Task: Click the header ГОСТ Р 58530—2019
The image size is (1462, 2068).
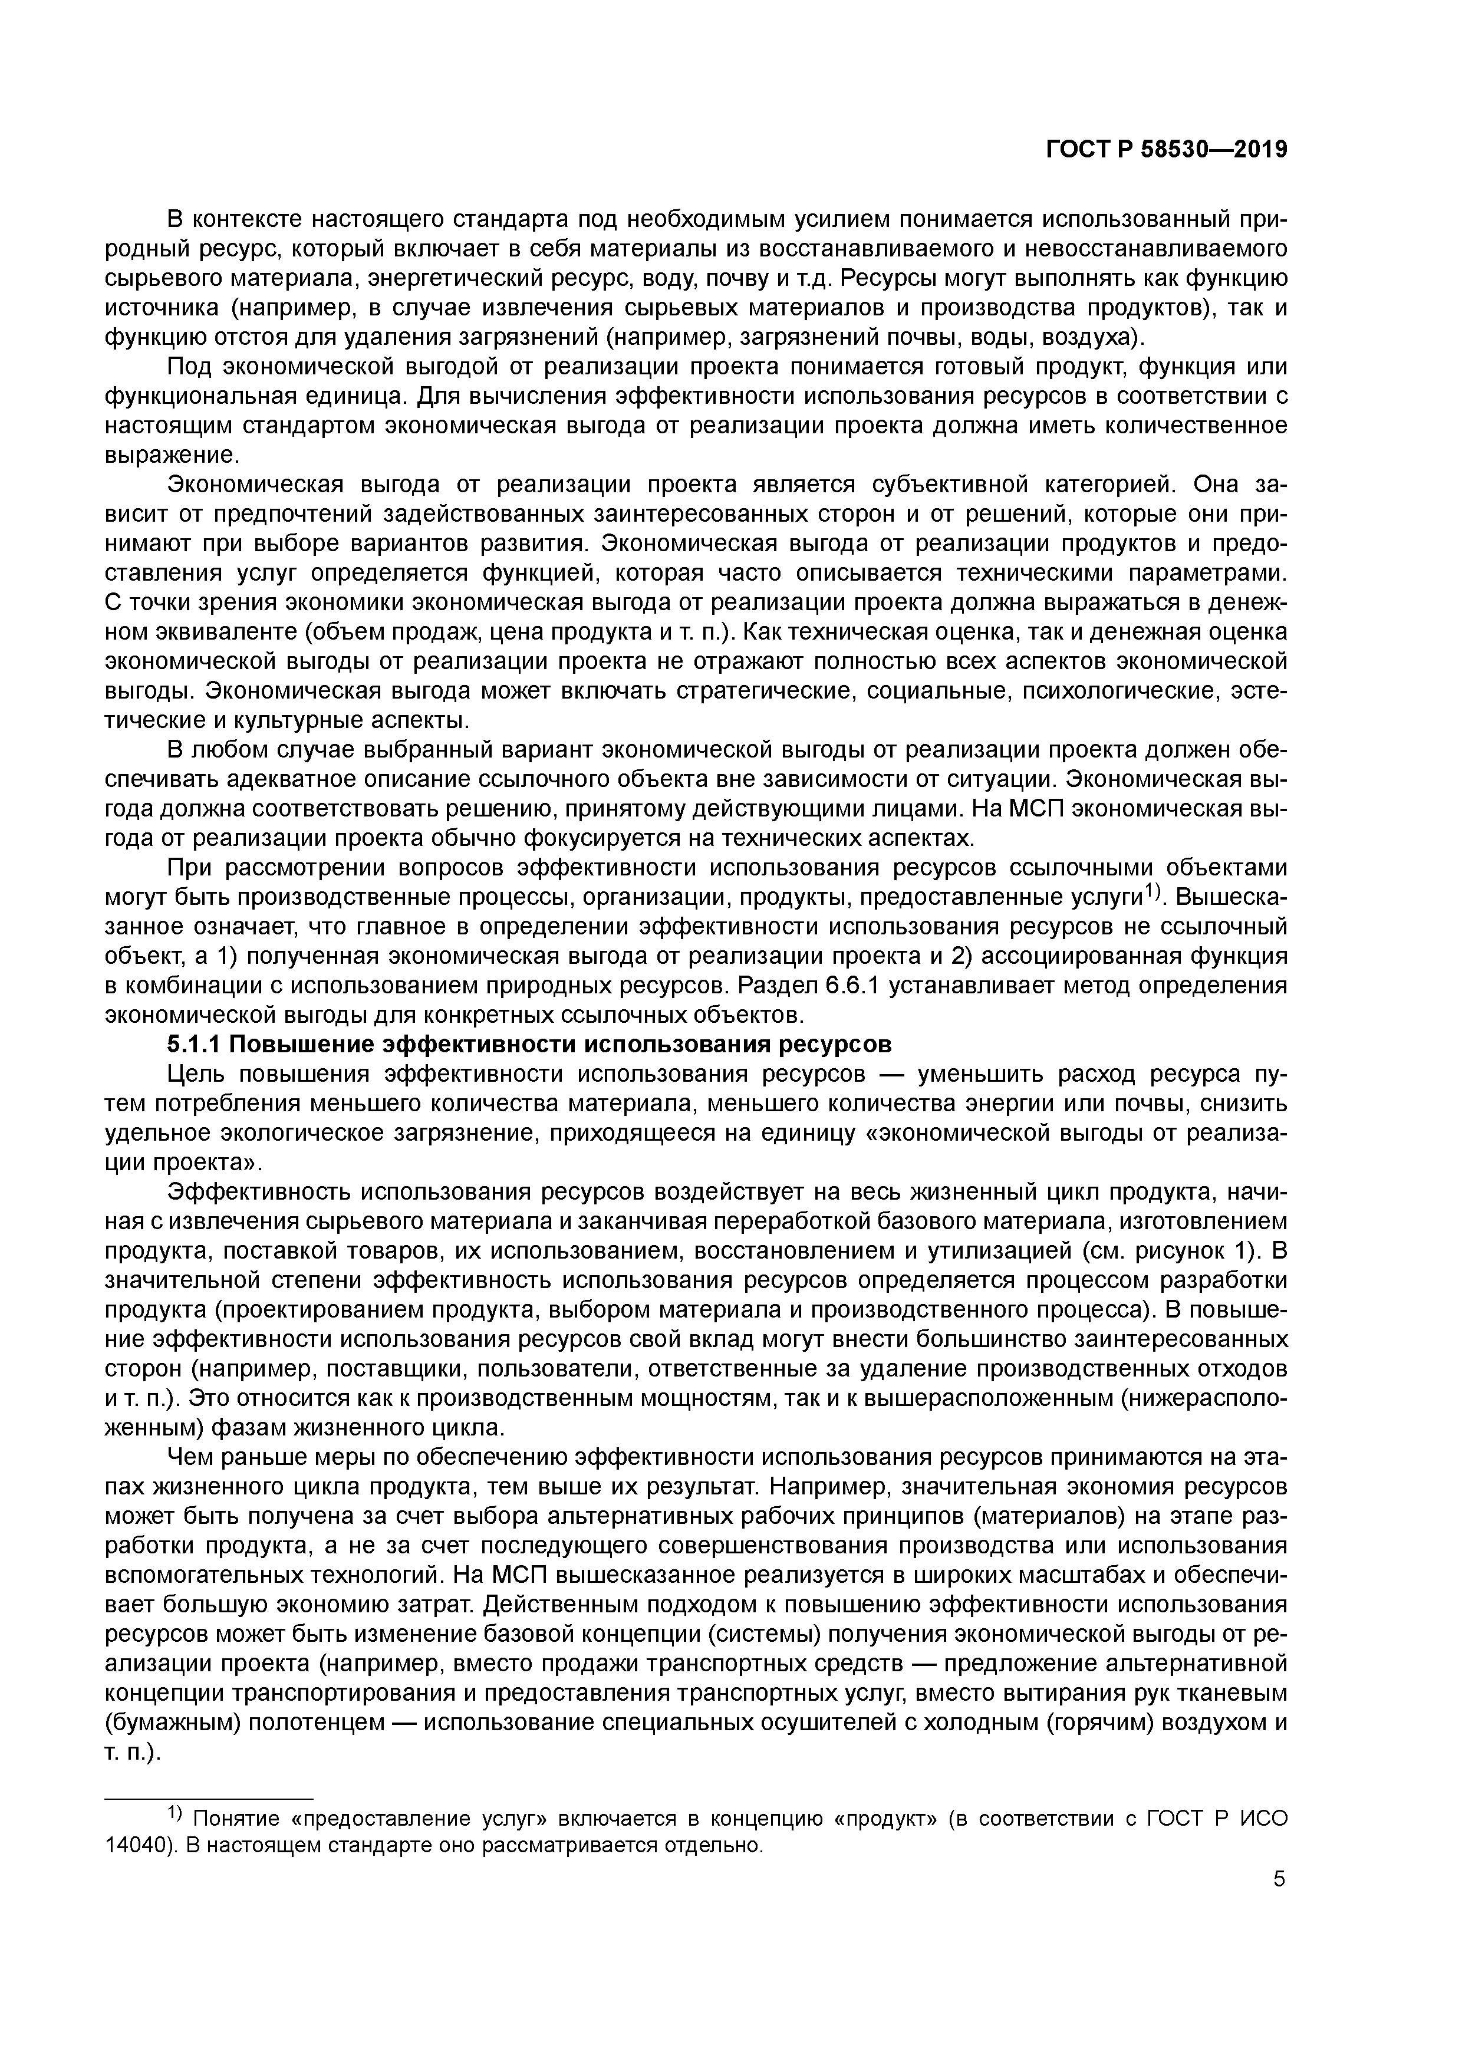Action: pos(1167,150)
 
